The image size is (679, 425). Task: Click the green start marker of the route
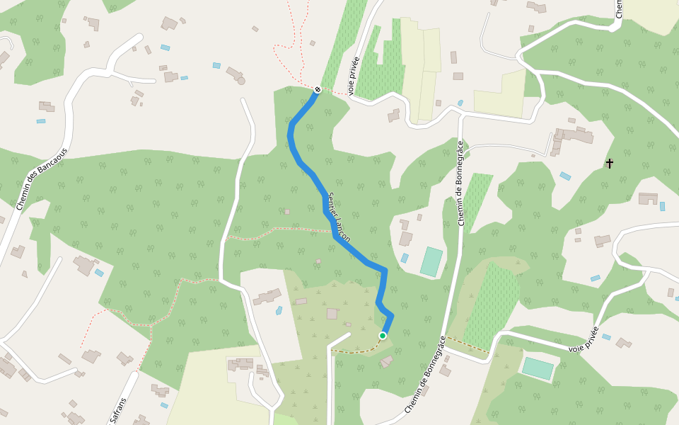[383, 336]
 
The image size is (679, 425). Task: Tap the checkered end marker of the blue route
[318, 89]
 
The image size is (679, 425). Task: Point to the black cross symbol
[610, 164]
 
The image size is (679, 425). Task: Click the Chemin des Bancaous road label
[42, 178]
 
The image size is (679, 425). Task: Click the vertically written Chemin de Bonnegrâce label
[460, 183]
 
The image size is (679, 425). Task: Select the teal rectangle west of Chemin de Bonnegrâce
[431, 261]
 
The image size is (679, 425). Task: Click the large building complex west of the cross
[569, 138]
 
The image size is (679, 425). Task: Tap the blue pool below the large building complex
[565, 176]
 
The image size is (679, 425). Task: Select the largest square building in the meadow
[332, 313]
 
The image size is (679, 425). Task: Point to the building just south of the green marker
[386, 362]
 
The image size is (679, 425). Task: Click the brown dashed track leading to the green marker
[357, 350]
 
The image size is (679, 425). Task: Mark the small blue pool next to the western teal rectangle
[404, 258]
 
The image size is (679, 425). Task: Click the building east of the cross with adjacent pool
[647, 198]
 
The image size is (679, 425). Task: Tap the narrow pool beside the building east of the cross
[663, 206]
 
